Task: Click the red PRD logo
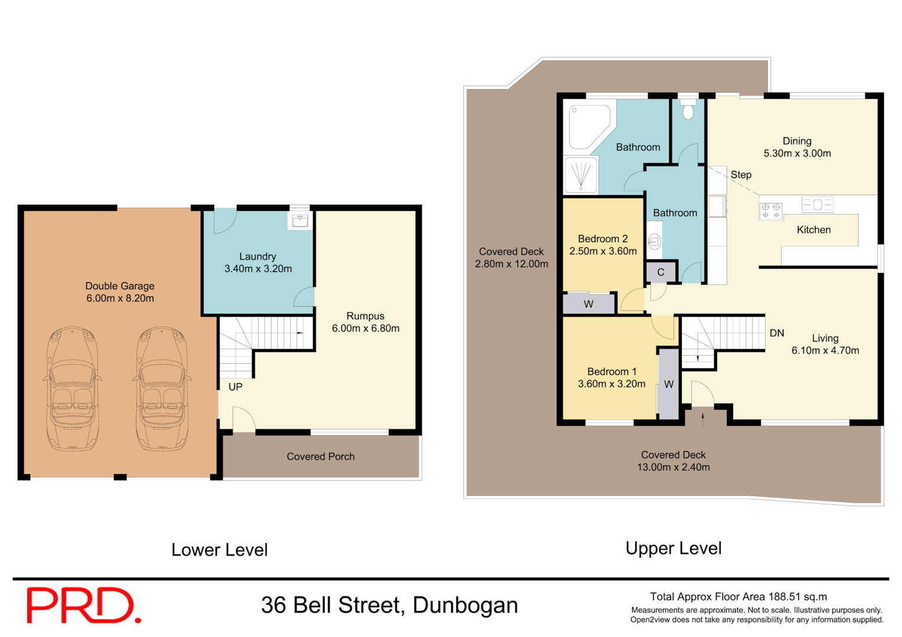pos(83,605)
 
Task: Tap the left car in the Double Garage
pos(72,389)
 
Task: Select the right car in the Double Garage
pos(162,389)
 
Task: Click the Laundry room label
pos(257,257)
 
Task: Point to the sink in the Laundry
pos(300,221)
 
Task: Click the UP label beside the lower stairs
pos(236,387)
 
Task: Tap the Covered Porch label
pos(321,457)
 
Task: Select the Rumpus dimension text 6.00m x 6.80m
pos(365,329)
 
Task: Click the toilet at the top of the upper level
pos(688,110)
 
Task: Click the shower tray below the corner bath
pos(581,175)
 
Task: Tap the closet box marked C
pos(661,272)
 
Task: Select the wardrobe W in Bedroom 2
pos(589,304)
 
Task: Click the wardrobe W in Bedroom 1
pos(669,384)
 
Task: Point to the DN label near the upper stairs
pos(777,333)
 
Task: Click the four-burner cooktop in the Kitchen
pos(770,211)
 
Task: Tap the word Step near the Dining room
pos(741,175)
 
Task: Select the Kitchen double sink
pos(818,205)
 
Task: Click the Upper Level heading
pos(674,548)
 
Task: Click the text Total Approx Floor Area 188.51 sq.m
pos(738,597)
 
